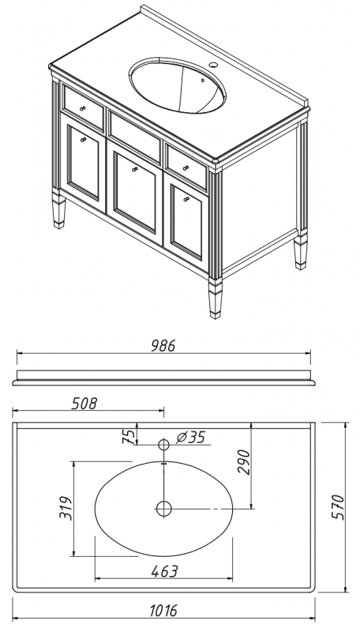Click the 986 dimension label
pos(163,345)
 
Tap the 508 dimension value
pos(84,403)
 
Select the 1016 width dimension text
pos(163,610)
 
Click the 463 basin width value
pos(165,570)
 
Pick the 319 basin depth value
pos(66,508)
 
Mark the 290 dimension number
pos(244,462)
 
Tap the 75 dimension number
pos(128,436)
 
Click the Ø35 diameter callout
pos(191,437)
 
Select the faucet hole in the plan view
pos(163,445)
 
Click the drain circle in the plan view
pos(164,509)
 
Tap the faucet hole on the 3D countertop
pos(212,65)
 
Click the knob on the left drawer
pos(83,108)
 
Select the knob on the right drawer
pos(186,167)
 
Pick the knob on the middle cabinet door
pos(135,169)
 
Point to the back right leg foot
pos(301,252)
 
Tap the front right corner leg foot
pos(216,299)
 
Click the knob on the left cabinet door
pos(84,140)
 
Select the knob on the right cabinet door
pos(186,199)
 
